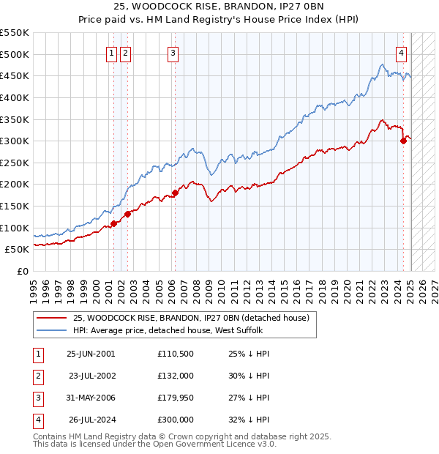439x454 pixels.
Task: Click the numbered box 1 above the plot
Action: tap(112, 52)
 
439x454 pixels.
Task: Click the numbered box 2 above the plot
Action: tap(125, 52)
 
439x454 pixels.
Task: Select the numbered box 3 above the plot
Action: tap(173, 52)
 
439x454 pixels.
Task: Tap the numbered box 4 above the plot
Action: tap(402, 52)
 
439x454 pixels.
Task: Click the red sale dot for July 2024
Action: tap(403, 141)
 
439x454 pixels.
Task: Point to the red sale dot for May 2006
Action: tap(175, 193)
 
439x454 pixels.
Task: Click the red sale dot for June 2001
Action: tap(113, 223)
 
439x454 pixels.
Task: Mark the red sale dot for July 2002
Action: tap(127, 214)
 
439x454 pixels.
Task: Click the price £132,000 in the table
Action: tap(175, 376)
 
